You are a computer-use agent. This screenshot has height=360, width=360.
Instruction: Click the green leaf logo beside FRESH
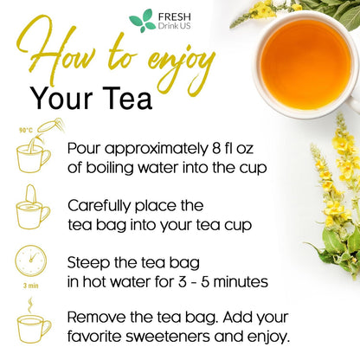141,21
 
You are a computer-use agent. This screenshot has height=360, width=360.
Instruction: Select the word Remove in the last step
96,318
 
